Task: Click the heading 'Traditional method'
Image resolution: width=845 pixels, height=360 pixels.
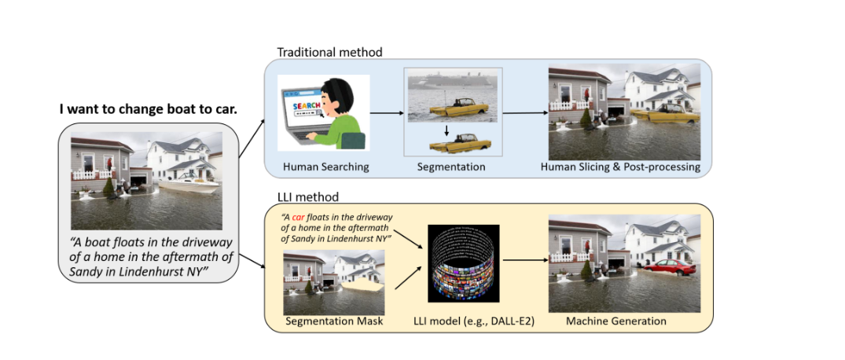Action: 329,52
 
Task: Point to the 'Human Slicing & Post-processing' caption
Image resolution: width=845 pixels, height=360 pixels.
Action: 620,167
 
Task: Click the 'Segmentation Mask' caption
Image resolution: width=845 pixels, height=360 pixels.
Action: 334,321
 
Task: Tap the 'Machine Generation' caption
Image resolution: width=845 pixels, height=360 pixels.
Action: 616,321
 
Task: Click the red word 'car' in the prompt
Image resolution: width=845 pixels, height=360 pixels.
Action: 299,217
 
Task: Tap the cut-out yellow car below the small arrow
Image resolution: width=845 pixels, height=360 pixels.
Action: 457,145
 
